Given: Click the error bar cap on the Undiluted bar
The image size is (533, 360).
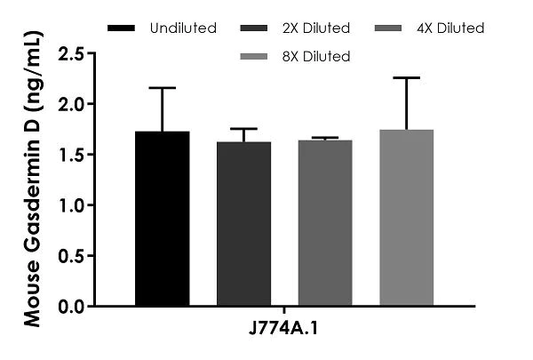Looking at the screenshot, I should pos(163,88).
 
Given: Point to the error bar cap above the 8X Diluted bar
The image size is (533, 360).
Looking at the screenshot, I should pos(406,78).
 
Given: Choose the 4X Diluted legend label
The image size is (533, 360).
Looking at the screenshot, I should pos(450,28).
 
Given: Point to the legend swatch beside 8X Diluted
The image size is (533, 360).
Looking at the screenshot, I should pos(259,57).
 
